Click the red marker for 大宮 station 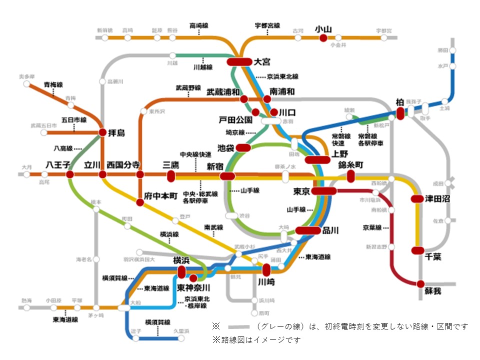[x=239, y=61]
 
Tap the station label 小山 [x=323, y=29]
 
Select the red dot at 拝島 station [x=102, y=132]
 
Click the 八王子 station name [x=58, y=164]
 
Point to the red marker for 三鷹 [x=171, y=175]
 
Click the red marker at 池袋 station [x=243, y=148]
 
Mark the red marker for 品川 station [x=307, y=230]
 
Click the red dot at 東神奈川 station [x=193, y=277]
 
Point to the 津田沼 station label [x=438, y=198]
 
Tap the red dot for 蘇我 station [x=420, y=283]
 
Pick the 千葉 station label [x=434, y=256]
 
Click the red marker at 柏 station [x=400, y=114]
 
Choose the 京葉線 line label [x=373, y=227]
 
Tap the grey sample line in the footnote [x=238, y=326]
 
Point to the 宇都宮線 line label [x=267, y=25]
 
